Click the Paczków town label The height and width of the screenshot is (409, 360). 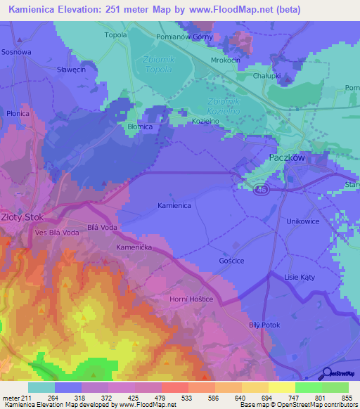[x=287, y=158]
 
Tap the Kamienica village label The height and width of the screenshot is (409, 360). [x=174, y=205]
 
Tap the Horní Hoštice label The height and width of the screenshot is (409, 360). [x=192, y=299]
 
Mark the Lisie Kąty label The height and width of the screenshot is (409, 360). [x=300, y=278]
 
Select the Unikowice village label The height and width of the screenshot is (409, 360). [x=303, y=221]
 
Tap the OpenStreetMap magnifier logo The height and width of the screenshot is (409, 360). [x=324, y=374]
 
